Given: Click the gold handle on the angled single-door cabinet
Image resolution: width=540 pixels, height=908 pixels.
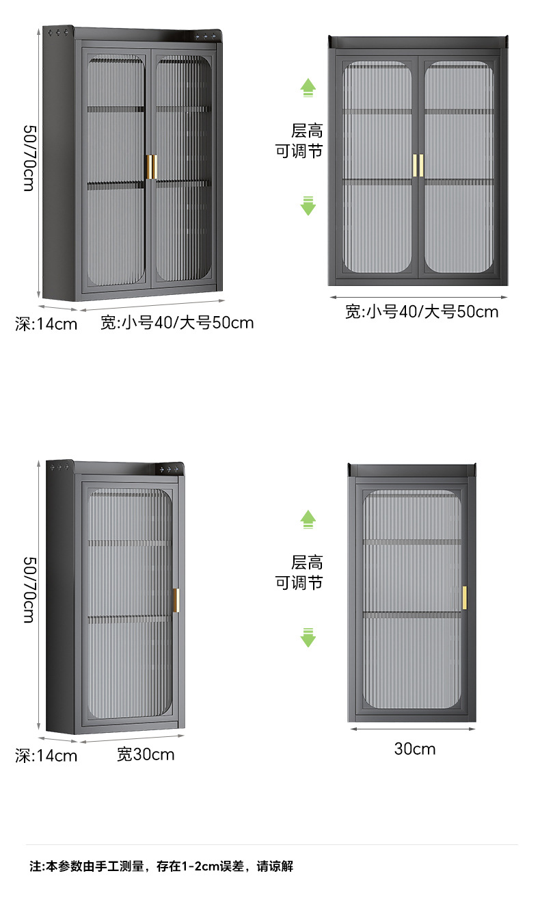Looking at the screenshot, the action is pos(176,600).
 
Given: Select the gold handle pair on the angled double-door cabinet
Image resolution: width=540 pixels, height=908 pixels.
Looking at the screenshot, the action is pos(150,168).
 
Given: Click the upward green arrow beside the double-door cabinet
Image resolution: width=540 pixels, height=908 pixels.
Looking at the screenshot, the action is pos(308,87).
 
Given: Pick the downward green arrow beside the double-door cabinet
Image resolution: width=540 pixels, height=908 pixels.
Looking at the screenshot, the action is pos(308,205).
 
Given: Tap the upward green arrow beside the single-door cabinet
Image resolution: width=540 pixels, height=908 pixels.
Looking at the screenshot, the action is pos(308,519).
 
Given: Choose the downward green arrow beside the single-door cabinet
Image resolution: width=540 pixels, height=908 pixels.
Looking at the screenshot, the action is pos(308,637).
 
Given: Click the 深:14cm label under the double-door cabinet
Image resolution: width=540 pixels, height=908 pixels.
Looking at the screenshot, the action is pos(46,324).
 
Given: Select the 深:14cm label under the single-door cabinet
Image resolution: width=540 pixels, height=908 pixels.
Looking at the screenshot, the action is pos(46,755).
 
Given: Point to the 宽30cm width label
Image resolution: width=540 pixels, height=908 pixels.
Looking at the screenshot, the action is pos(146,754).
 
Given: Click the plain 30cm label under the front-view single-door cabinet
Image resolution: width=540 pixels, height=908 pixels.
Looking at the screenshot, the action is pos(414,749).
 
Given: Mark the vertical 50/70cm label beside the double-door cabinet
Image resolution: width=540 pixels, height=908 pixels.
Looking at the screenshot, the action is pos(29,157).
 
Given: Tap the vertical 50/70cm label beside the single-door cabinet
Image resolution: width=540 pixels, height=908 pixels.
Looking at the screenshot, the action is pos(29,589).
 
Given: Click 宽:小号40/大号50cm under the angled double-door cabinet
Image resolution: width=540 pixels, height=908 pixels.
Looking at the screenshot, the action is pos(177,322).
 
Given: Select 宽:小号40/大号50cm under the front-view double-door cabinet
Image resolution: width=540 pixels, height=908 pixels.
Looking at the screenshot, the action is pos(422,312).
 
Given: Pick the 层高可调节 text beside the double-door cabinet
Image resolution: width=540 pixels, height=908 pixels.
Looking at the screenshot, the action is pos(299,141).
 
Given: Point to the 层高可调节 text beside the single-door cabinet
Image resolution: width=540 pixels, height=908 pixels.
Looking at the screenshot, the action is pos(299,573).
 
